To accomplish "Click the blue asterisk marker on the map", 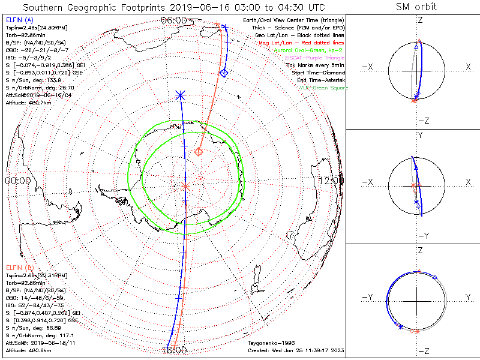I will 181,95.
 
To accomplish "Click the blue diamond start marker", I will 224,73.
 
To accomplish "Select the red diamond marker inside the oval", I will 199,152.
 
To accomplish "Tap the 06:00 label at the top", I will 173,20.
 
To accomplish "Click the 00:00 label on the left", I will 18,181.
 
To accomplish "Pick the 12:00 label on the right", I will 331,181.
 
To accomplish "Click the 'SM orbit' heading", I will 416,7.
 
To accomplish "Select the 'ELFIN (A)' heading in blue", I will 20,20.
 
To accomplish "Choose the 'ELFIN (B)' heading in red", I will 20,266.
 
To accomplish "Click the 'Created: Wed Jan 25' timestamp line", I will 295,350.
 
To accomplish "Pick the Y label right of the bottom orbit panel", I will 467,297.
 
